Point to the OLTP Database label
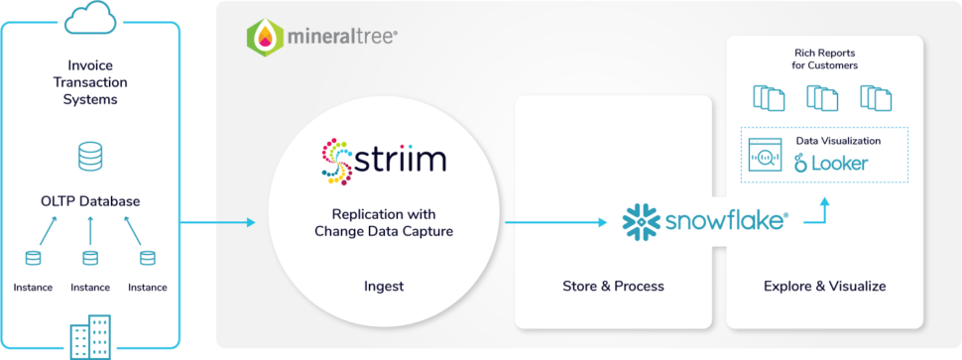point(90,201)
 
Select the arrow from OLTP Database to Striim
point(218,221)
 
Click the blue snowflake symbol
point(639,220)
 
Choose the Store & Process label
point(613,287)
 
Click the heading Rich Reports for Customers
point(825,59)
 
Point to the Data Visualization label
point(838,141)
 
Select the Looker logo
point(831,163)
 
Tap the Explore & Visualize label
point(824,287)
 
